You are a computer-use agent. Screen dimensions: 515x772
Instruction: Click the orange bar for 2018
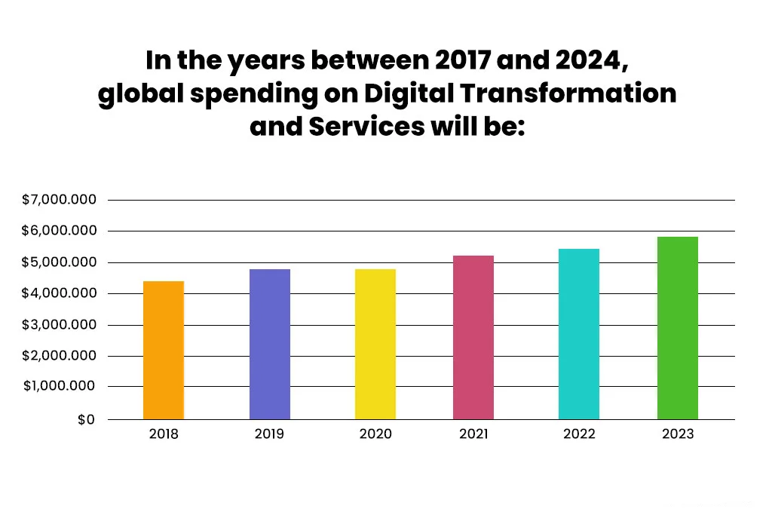pos(164,350)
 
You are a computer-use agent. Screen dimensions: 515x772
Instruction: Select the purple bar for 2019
pos(270,344)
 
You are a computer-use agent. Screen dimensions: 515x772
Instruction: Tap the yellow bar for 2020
pos(375,344)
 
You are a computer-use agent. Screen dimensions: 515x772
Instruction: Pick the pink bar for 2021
pos(473,337)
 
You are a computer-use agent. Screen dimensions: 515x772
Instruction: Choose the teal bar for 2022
pos(579,334)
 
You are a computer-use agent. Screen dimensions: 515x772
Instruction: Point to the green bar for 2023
pos(678,328)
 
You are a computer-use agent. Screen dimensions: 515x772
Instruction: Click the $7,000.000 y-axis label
pos(60,200)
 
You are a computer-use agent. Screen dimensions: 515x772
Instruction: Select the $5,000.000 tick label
pos(60,262)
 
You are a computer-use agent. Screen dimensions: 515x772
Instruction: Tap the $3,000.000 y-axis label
pos(60,325)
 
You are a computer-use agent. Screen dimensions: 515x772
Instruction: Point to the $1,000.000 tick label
pos(60,387)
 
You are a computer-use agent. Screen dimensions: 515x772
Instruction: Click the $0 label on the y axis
pos(86,419)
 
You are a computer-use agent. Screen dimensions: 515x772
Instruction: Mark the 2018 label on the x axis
pos(164,434)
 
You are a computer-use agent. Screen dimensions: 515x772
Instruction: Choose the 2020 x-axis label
pos(375,434)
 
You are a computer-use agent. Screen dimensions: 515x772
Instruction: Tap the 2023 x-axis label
pos(678,434)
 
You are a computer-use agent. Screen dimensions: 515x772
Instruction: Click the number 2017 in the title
pos(465,60)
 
